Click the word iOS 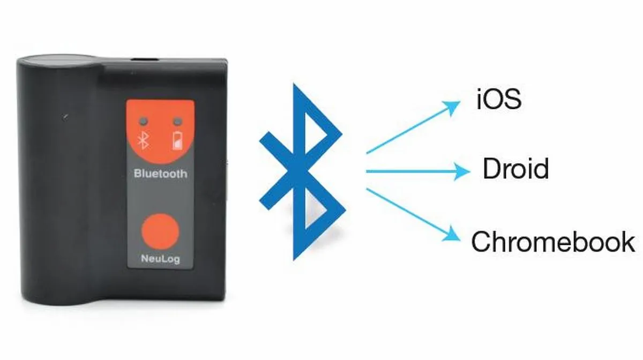[x=499, y=99]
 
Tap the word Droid [x=516, y=169]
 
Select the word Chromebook [x=553, y=242]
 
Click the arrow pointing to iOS [x=413, y=127]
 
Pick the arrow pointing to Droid [x=418, y=171]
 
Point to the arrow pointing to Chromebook [x=413, y=215]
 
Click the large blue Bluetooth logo [x=302, y=172]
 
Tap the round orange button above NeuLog [x=160, y=231]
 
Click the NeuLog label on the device [x=160, y=259]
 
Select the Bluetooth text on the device [x=160, y=174]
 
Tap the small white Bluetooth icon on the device [x=143, y=141]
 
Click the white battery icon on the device [x=178, y=140]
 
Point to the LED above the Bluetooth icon [x=143, y=121]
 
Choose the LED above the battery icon [x=178, y=121]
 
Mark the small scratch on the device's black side [x=66, y=117]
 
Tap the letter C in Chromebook [x=481, y=242]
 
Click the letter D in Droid [x=492, y=168]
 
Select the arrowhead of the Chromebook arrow [x=452, y=234]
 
